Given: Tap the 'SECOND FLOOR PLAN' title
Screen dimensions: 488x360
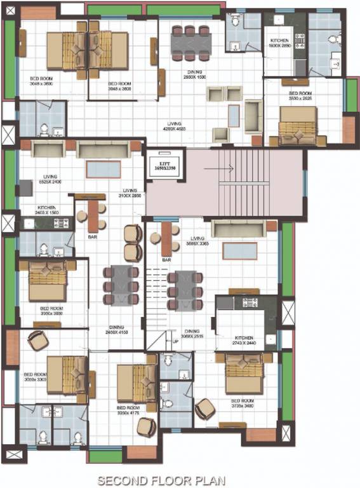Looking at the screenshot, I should (x=160, y=480).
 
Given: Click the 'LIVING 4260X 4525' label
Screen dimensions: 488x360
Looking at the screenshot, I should (x=175, y=126).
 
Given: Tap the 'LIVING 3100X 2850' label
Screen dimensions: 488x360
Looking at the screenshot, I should (x=130, y=194).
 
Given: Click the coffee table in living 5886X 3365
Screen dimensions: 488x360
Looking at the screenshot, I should (x=239, y=250).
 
